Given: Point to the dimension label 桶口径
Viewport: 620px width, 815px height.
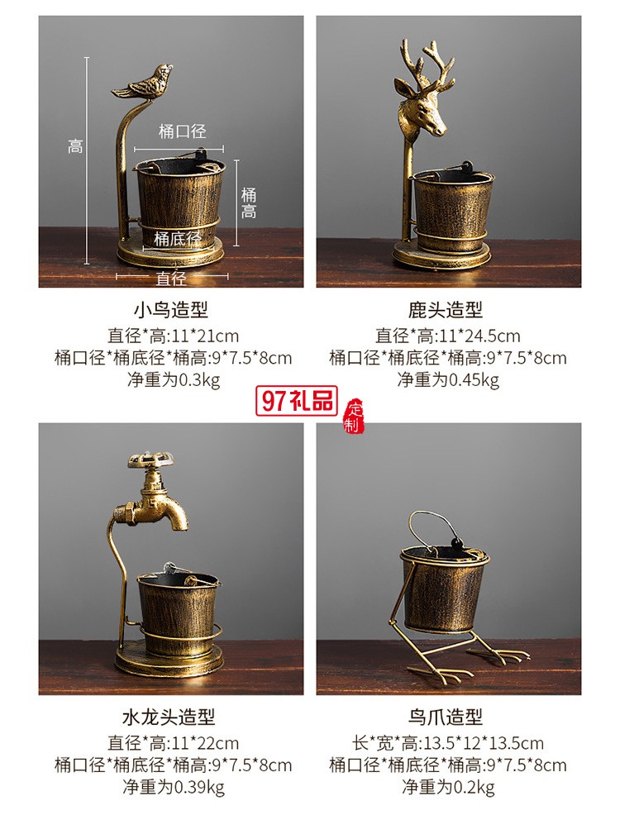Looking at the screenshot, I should pyautogui.click(x=182, y=131).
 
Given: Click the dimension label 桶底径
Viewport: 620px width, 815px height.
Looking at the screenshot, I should pyautogui.click(x=177, y=239).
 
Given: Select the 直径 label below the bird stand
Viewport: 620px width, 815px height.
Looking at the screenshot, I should pyautogui.click(x=171, y=279).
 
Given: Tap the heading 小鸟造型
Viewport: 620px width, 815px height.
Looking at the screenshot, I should pyautogui.click(x=171, y=310).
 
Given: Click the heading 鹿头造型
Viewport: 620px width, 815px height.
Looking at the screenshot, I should pyautogui.click(x=446, y=310).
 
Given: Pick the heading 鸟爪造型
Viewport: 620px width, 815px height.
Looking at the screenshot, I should pyautogui.click(x=446, y=717).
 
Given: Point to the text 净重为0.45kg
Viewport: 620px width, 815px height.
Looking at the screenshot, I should pyautogui.click(x=448, y=380).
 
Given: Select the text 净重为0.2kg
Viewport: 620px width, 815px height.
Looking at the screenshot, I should pyautogui.click(x=448, y=787).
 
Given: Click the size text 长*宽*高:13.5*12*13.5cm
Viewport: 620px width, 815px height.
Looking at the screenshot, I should pyautogui.click(x=448, y=742).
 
